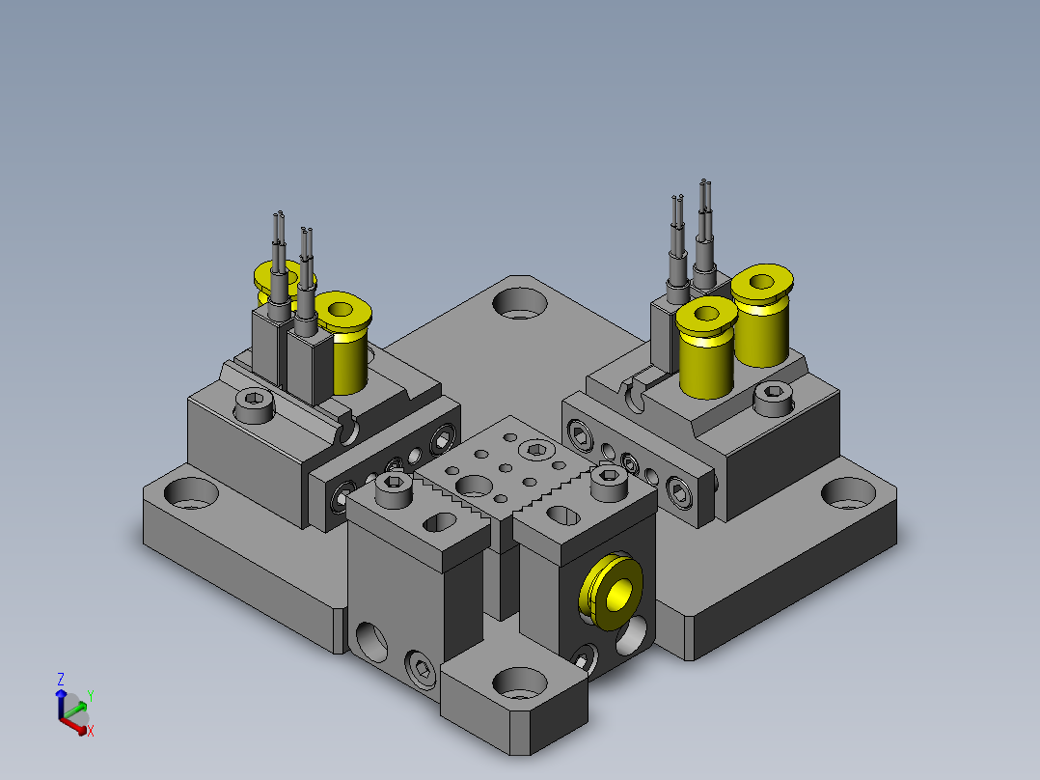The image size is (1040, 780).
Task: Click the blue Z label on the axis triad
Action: pos(61,679)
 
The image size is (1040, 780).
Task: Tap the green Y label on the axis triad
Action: pos(91,696)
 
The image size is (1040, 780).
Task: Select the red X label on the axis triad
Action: pos(91,731)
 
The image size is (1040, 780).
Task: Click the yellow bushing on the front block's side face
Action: pos(611,592)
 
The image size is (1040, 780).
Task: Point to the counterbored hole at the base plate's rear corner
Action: pos(519,303)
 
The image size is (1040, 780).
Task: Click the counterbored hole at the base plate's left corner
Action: pos(191,493)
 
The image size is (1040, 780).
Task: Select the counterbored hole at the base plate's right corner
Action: pos(849,493)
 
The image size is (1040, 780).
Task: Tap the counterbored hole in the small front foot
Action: pos(520,683)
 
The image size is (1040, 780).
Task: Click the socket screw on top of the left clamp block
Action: pos(255,405)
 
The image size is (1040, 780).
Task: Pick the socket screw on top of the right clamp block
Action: pos(774,399)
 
